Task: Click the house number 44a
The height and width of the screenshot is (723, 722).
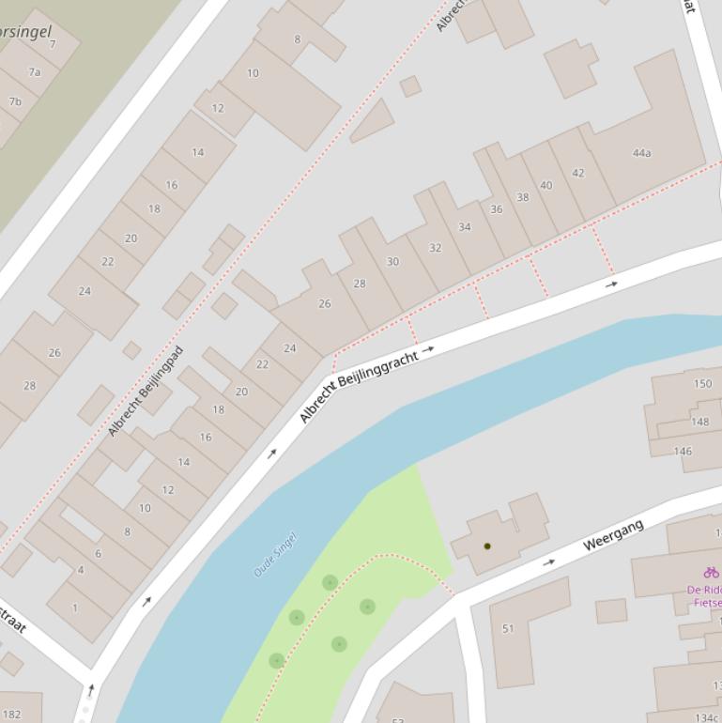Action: pyautogui.click(x=641, y=153)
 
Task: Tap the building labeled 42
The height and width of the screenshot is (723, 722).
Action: pyautogui.click(x=577, y=173)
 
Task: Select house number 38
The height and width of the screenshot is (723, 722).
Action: pyautogui.click(x=522, y=197)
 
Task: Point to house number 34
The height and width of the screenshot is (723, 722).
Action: pyautogui.click(x=464, y=227)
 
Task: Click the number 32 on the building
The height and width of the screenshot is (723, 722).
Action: pyautogui.click(x=435, y=248)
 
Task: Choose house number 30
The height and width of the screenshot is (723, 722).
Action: pyautogui.click(x=392, y=262)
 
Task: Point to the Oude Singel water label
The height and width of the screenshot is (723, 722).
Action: pyautogui.click(x=275, y=555)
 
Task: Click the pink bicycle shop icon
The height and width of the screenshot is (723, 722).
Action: pyautogui.click(x=711, y=572)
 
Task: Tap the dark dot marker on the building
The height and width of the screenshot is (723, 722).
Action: pyautogui.click(x=487, y=546)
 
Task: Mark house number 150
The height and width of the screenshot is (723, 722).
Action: pyautogui.click(x=702, y=384)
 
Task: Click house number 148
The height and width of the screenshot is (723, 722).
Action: pyautogui.click(x=699, y=422)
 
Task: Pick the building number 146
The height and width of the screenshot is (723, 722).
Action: pyautogui.click(x=683, y=452)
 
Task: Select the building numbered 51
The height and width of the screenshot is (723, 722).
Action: pyautogui.click(x=508, y=628)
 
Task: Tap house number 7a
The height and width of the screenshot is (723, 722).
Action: pyautogui.click(x=35, y=72)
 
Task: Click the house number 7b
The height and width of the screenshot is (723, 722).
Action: pyautogui.click(x=15, y=101)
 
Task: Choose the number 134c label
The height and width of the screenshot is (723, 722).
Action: pyautogui.click(x=706, y=717)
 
